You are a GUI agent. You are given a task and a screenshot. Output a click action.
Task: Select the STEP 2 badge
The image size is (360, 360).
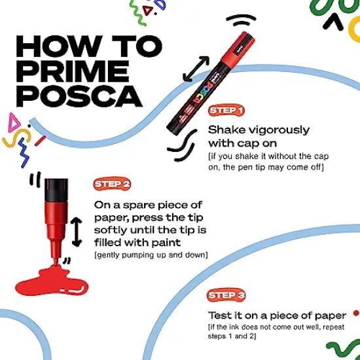[x=112, y=184]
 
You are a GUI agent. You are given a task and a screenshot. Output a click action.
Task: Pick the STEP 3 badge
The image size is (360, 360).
[x=226, y=295]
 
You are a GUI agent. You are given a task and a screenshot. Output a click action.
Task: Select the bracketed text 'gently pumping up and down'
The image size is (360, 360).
[x=151, y=254]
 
